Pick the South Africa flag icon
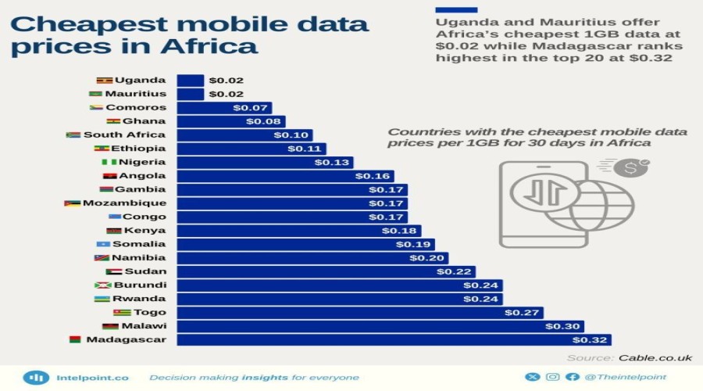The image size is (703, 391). pyautogui.click(x=73, y=135)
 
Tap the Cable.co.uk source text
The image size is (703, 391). pyautogui.click(x=655, y=357)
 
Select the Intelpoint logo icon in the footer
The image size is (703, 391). pyautogui.click(x=35, y=377)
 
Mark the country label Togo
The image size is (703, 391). pyautogui.click(x=150, y=313)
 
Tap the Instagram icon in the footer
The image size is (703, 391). pyautogui.click(x=553, y=377)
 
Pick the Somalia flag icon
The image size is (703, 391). pyautogui.click(x=102, y=244)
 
